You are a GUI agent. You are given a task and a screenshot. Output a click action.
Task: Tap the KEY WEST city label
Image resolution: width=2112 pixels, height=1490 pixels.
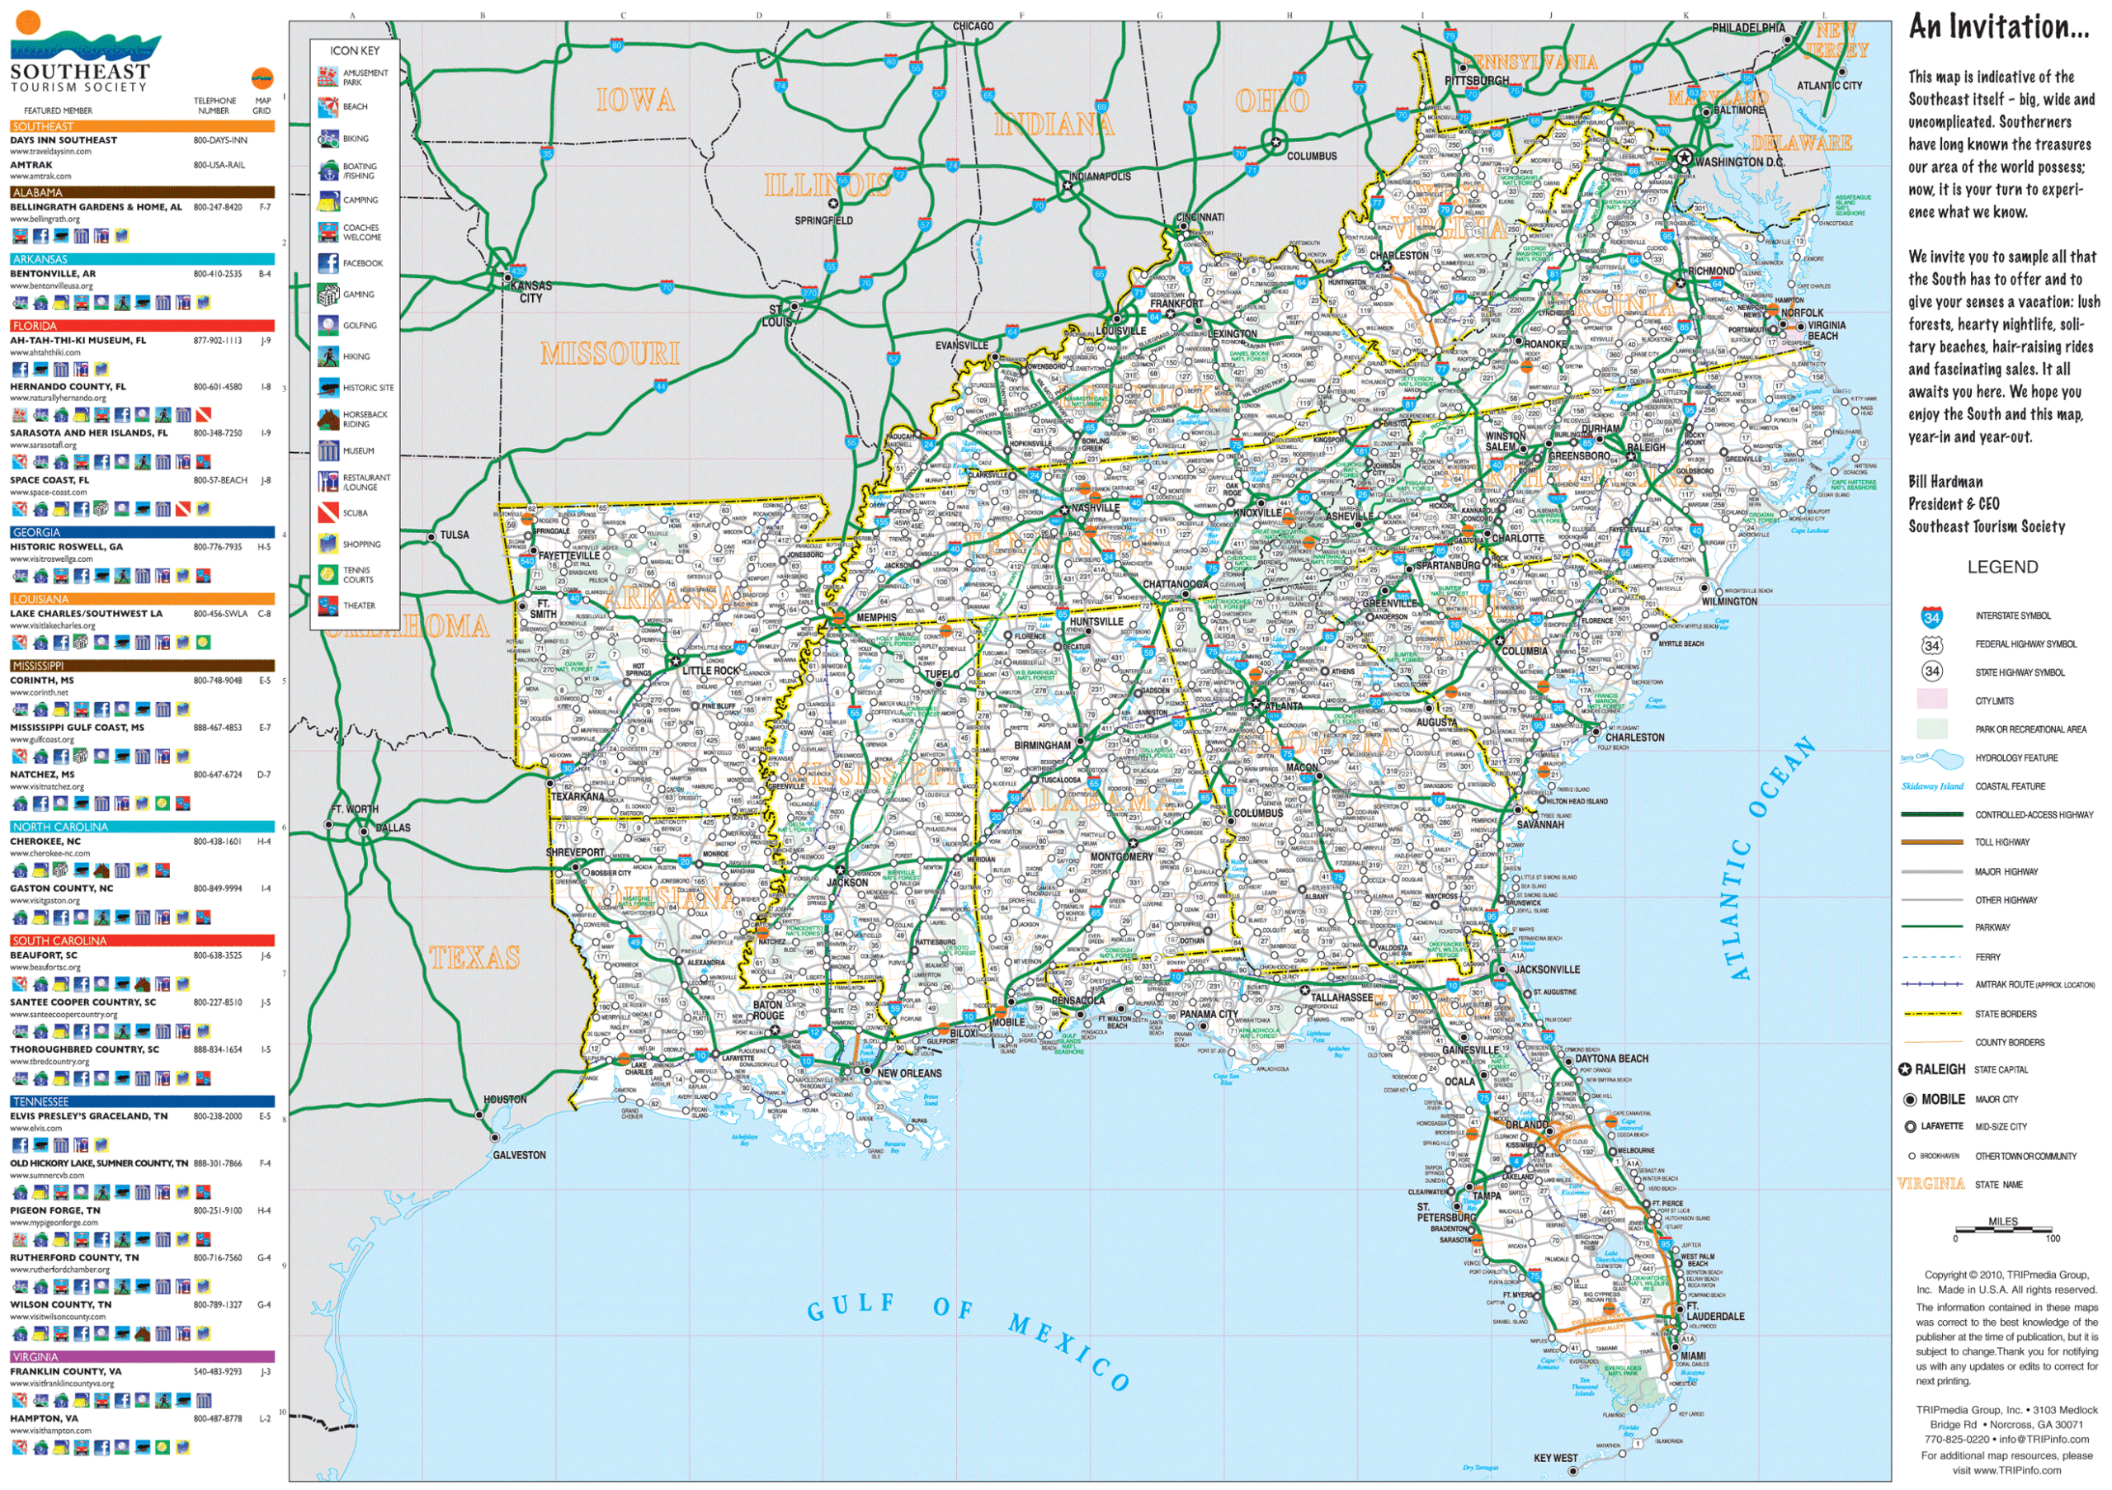pos(1554,1458)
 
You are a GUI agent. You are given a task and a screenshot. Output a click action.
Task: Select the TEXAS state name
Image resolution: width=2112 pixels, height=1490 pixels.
pos(474,959)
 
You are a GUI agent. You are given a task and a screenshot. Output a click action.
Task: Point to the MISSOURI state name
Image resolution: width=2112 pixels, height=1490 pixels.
pos(609,353)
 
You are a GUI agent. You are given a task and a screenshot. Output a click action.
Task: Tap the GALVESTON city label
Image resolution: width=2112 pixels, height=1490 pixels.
pos(519,1155)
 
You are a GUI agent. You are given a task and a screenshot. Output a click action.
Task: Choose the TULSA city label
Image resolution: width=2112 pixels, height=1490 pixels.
pos(454,535)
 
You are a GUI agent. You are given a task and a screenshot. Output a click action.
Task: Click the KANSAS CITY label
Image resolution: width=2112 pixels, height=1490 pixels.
pos(530,291)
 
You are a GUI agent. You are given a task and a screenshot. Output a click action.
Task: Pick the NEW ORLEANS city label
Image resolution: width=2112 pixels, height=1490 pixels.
pos(909,1073)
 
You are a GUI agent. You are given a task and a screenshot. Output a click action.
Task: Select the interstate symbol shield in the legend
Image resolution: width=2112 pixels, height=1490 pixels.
pos(1931,617)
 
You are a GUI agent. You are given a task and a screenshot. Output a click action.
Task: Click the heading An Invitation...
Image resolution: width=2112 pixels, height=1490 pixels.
pos(1998,27)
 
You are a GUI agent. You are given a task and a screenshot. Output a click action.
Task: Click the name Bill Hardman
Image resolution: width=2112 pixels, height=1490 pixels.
pos(1945,482)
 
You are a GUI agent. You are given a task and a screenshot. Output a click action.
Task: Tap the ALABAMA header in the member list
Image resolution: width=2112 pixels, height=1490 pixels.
pos(38,193)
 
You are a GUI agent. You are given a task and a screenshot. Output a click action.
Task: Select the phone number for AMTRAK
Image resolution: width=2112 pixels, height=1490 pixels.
pos(219,166)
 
